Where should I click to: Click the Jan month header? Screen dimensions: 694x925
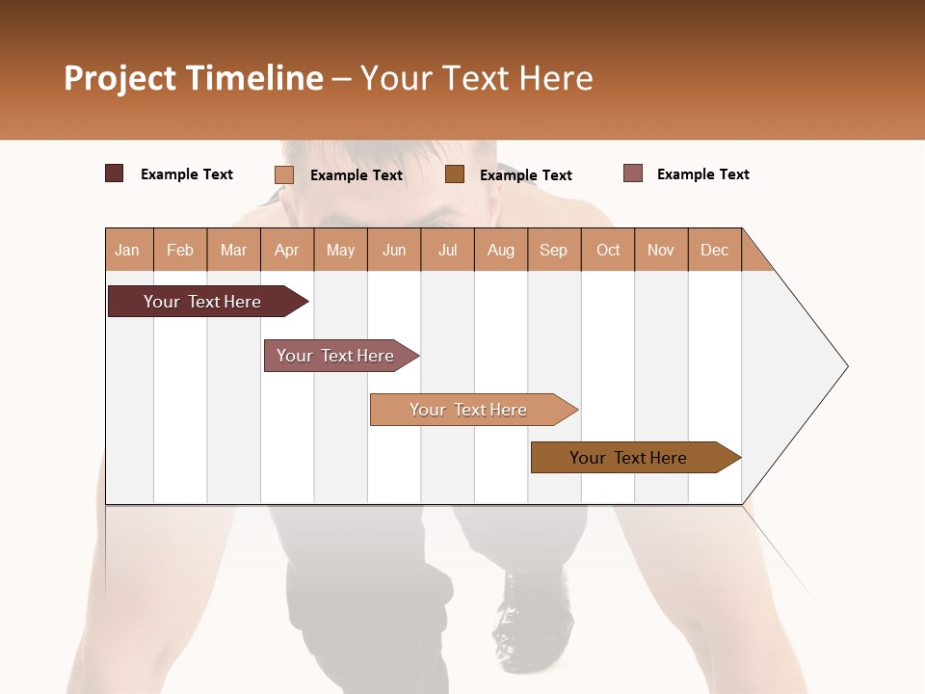point(128,250)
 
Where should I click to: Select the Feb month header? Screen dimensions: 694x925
point(180,250)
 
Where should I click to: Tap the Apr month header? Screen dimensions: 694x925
point(287,250)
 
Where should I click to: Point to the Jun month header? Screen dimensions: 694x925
point(394,250)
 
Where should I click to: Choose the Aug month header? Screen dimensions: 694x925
point(501,250)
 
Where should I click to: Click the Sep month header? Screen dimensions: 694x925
point(554,250)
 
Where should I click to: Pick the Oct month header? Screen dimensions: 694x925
point(608,250)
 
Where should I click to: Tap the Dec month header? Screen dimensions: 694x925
point(715,250)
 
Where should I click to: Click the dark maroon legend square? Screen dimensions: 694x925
point(115,173)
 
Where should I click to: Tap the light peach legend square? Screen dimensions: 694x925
point(284,174)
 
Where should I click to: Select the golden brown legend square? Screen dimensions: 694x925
point(455,174)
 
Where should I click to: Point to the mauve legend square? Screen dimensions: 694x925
point(633,173)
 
